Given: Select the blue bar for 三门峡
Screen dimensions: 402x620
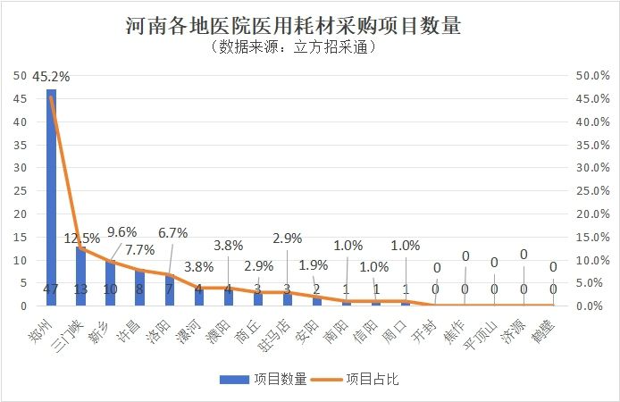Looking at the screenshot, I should pyautogui.click(x=80, y=268).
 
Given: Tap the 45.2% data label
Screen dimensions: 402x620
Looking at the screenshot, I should pyautogui.click(x=51, y=77).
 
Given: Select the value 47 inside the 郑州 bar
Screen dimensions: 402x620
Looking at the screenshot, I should pyautogui.click(x=51, y=289).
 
